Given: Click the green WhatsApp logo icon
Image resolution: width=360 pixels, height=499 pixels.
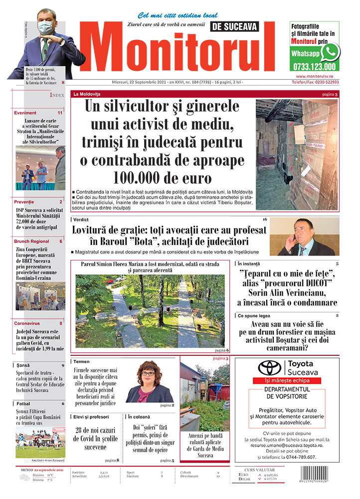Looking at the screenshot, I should tap(330, 52).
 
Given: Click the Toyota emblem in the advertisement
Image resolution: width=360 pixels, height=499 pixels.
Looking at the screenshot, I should tap(269, 368).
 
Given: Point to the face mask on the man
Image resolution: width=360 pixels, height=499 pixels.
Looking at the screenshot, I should tap(46, 27).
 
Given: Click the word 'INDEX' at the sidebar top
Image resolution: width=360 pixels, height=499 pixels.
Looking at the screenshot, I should tap(56, 95).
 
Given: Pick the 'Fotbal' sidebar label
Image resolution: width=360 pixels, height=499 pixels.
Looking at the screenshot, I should tap(23, 403).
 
